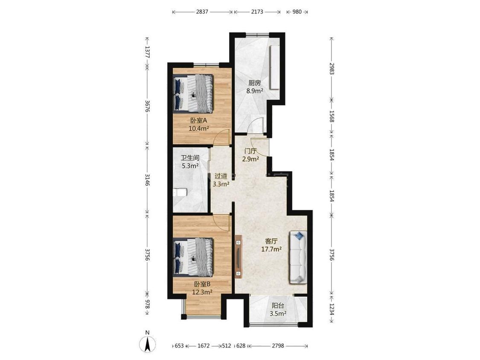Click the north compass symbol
[x=147, y=344]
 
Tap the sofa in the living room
[x=298, y=257]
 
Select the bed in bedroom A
[x=193, y=93]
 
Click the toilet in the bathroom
[x=179, y=192]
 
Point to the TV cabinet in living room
[x=239, y=256]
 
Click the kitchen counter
[x=275, y=67]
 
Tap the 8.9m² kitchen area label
[x=255, y=91]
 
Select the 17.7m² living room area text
[x=271, y=249]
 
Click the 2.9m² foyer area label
[x=250, y=159]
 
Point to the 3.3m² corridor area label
[x=221, y=184]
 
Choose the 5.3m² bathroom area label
[x=190, y=166]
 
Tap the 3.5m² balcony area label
[x=278, y=314]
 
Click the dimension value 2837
[x=202, y=12]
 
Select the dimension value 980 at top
[x=297, y=12]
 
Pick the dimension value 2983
[x=332, y=69]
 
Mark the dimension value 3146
[x=147, y=180]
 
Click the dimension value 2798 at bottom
[x=278, y=345]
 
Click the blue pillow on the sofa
[x=299, y=236]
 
